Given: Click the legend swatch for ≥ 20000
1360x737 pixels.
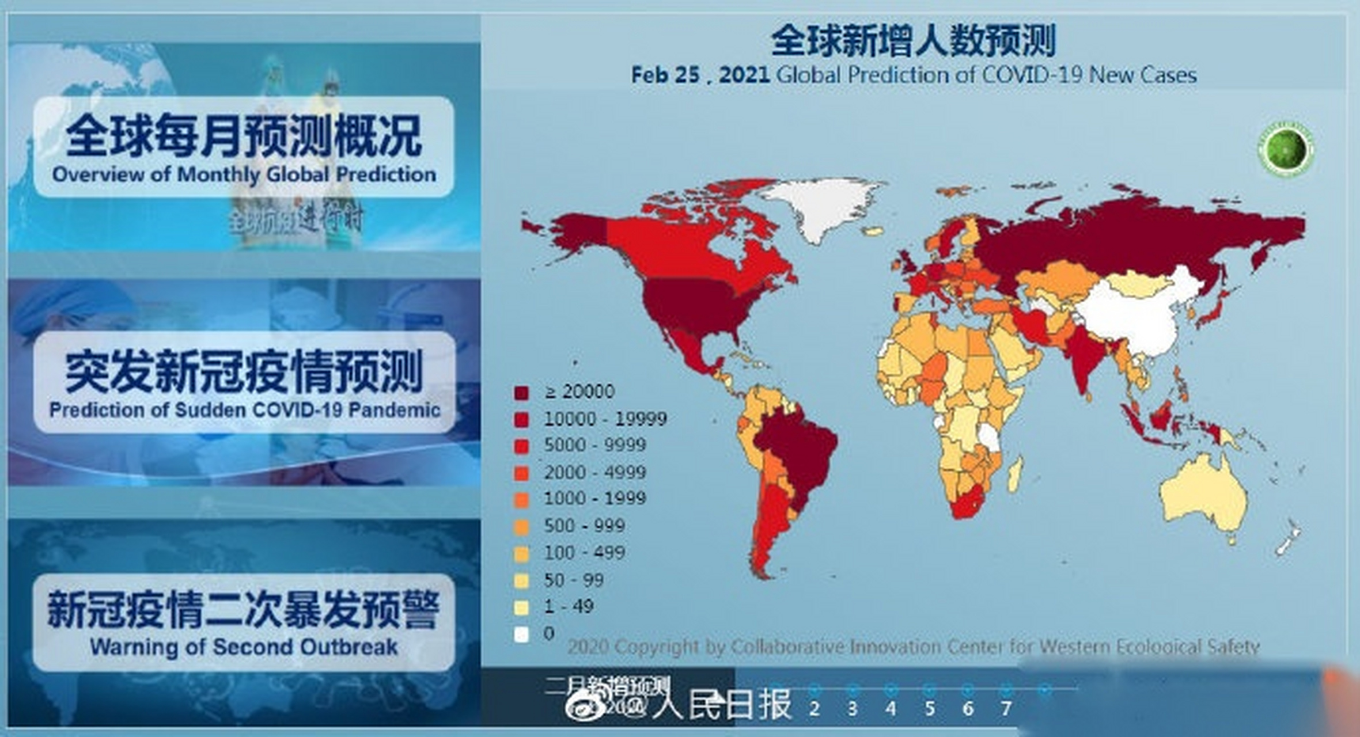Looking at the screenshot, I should (x=521, y=393).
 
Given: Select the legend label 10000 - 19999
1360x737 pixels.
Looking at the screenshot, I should (x=605, y=419).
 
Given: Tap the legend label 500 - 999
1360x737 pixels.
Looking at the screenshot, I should (x=584, y=525).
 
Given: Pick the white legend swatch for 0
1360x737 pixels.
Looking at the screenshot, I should (x=521, y=635).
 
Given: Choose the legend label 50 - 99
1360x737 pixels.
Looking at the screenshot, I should (x=574, y=580).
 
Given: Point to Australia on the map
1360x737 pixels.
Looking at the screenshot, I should (x=1204, y=495).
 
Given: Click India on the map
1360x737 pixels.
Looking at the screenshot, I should (x=1083, y=357).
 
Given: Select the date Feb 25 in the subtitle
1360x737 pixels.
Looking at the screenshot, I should (x=665, y=75).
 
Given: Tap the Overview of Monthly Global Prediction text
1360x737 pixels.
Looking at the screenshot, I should (x=244, y=174).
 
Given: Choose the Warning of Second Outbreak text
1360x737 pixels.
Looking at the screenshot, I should (x=244, y=647).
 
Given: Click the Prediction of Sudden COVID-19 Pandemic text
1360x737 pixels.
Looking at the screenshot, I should (x=244, y=410).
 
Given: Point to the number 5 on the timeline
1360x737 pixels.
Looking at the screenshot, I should (x=930, y=708).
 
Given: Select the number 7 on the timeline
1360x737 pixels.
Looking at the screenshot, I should (x=1006, y=708).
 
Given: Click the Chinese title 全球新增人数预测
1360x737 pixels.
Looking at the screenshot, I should (x=913, y=41).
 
